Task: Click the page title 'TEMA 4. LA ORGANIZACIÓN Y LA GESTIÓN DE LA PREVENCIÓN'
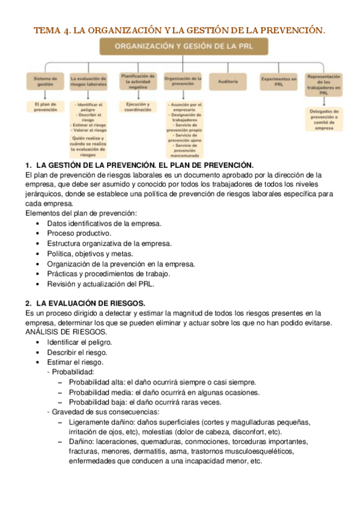[x=179, y=29]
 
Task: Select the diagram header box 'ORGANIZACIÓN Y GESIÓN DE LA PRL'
[x=179, y=47]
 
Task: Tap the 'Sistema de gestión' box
[x=45, y=81]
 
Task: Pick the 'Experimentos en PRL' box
[x=278, y=81]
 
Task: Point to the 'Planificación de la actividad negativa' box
[x=138, y=81]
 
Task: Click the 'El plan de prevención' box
[x=45, y=107]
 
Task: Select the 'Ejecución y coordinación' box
[x=138, y=107]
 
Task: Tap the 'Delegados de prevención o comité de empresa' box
[x=324, y=119]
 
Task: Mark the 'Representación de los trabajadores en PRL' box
[x=324, y=84]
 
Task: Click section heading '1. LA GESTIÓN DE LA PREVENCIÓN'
[x=139, y=165]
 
